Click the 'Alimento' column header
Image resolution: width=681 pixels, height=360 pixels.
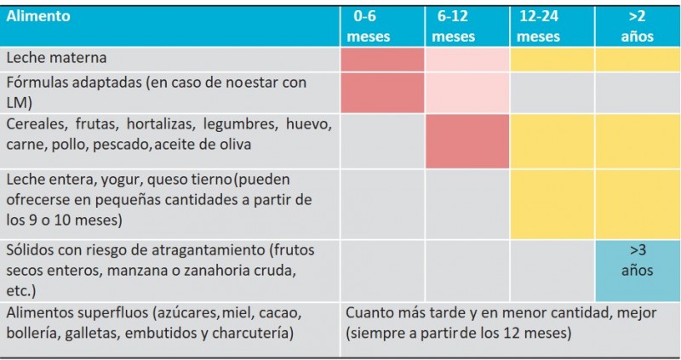click(38, 16)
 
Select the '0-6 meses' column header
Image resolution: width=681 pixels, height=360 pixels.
click(368, 26)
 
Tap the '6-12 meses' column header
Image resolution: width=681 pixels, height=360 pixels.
click(453, 26)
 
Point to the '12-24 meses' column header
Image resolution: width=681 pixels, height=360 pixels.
click(539, 26)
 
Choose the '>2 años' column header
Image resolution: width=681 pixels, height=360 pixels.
click(637, 26)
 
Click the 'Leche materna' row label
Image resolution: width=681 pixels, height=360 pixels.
click(56, 58)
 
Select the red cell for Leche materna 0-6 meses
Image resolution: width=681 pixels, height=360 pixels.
click(382, 60)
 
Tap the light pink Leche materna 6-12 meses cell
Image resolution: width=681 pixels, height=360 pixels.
click(466, 60)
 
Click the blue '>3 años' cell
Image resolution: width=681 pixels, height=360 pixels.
click(637, 271)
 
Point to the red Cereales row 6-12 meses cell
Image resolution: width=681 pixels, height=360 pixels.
click(466, 141)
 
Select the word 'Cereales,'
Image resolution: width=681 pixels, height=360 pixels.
click(37, 124)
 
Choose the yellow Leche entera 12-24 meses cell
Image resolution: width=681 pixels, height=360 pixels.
click(552, 204)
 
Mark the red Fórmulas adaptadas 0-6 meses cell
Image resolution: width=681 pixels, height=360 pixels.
click(382, 93)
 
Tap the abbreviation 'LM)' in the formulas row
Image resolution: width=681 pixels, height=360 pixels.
click(19, 103)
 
